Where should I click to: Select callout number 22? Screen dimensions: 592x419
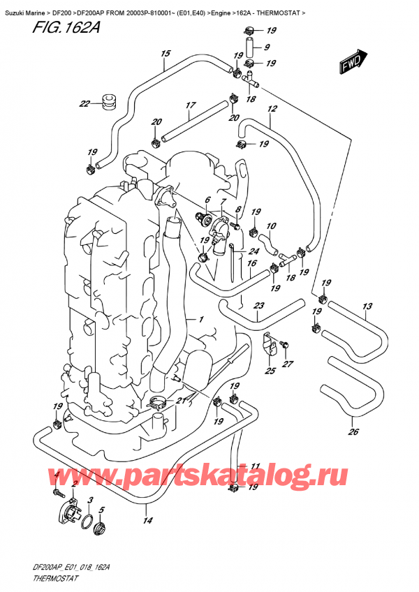[x=84, y=105]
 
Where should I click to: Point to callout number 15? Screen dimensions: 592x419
[x=166, y=53]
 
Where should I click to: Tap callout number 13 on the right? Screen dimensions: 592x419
[x=367, y=306]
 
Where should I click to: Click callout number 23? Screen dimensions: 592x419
[x=258, y=306]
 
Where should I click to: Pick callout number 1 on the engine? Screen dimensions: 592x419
[x=200, y=320]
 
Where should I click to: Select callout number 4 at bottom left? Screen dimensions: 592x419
[x=56, y=475]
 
